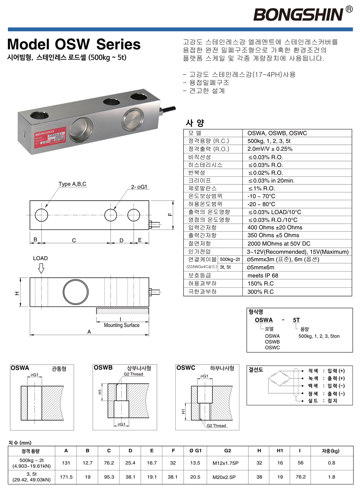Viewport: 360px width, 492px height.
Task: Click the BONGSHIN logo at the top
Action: (x=298, y=15)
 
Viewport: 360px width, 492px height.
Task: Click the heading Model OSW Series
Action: (x=74, y=44)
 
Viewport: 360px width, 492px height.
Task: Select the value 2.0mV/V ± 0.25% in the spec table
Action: (x=270, y=149)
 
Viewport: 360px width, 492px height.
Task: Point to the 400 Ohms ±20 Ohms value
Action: (x=275, y=228)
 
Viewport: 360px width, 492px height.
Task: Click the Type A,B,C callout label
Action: (x=72, y=184)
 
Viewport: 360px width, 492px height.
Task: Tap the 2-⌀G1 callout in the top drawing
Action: (x=139, y=187)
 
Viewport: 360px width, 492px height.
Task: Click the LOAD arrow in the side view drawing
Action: (x=41, y=268)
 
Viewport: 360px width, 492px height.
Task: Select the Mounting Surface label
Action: (x=121, y=325)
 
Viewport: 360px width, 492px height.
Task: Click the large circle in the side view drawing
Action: (x=76, y=292)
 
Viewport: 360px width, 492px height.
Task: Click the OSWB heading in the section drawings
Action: (x=103, y=368)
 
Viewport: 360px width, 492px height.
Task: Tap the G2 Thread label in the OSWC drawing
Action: (x=216, y=425)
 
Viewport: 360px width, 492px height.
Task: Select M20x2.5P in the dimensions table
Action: (x=224, y=477)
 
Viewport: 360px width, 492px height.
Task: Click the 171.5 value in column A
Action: (x=66, y=477)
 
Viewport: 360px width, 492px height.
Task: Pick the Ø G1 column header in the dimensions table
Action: (x=195, y=451)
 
